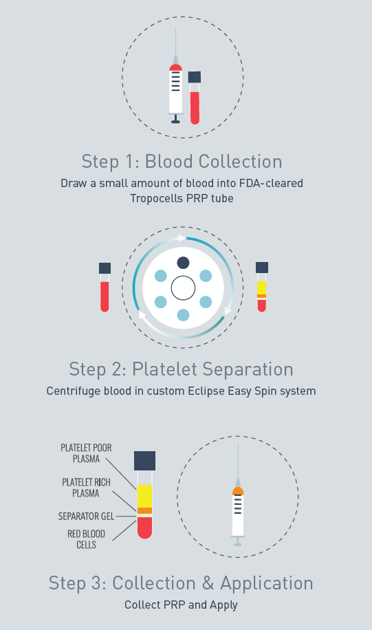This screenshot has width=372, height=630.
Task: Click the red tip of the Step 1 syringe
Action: point(175,67)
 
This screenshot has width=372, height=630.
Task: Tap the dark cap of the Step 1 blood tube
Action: point(195,77)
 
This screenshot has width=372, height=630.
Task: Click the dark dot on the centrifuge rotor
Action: point(183,263)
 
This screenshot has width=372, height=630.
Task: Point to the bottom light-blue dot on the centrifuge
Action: point(183,315)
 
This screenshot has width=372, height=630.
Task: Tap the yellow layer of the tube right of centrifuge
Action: point(261,287)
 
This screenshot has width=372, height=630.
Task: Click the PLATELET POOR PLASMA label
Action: point(86,453)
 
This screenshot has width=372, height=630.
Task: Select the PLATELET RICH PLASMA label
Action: point(86,488)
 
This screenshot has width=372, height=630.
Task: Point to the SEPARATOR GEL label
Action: point(87,517)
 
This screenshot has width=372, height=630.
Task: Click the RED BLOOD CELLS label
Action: point(86,539)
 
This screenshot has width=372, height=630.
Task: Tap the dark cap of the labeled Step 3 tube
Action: point(144,460)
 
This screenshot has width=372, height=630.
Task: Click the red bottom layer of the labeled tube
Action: point(144,528)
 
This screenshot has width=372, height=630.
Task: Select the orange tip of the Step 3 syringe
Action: point(238,490)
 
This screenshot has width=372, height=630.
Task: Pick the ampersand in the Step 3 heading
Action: point(208,583)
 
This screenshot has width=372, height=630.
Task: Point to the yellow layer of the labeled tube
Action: point(144,496)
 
